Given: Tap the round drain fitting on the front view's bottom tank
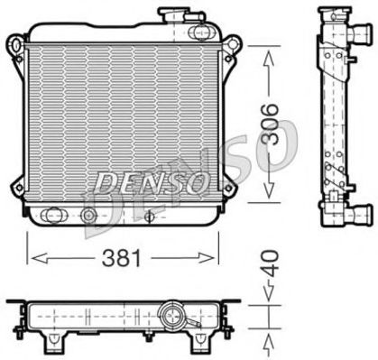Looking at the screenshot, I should tap(88, 216).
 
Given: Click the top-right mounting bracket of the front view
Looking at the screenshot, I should tap(233, 45).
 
